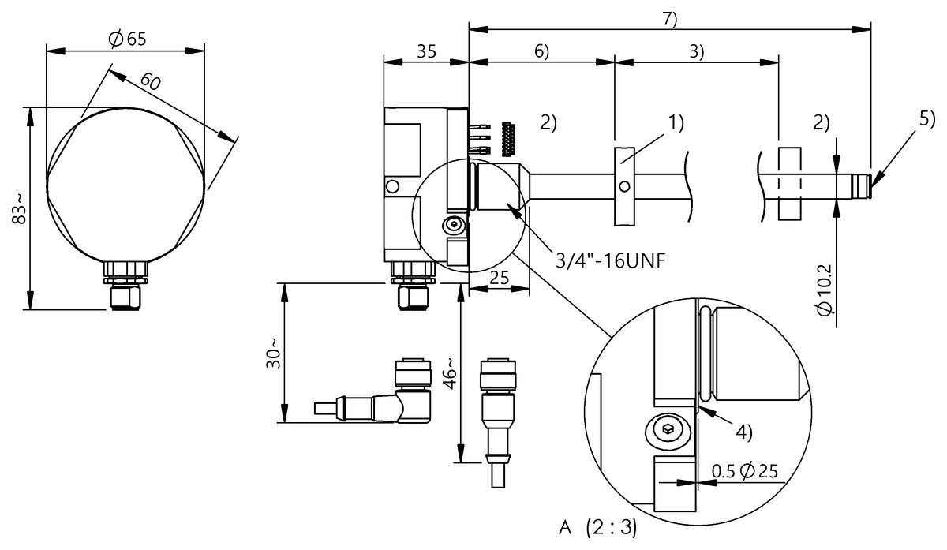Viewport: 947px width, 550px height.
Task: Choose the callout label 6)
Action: [x=541, y=51]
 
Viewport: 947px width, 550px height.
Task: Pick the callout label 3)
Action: [x=696, y=51]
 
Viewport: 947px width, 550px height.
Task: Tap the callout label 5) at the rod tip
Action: [x=926, y=120]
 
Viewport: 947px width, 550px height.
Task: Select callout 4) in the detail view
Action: [x=743, y=432]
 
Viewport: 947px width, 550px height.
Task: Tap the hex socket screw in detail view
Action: [x=667, y=430]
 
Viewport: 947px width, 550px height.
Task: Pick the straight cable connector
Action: [x=498, y=410]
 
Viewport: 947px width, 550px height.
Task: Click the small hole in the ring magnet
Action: [x=624, y=187]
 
